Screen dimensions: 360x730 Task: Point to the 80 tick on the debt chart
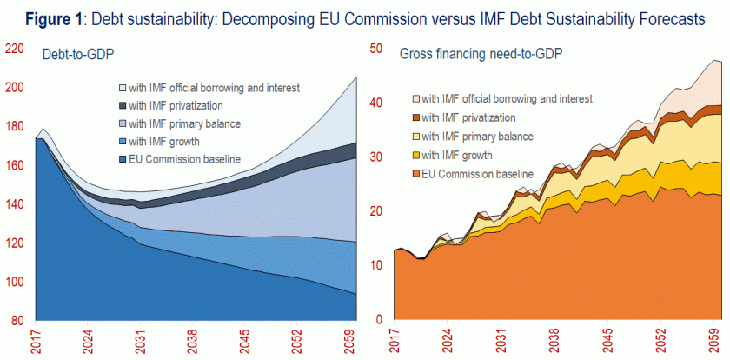(17, 321)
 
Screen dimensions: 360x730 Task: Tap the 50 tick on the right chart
(376, 49)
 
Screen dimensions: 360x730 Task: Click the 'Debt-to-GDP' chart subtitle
(79, 55)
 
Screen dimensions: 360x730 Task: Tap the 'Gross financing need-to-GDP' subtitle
(481, 54)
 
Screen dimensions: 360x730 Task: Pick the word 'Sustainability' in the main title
(590, 20)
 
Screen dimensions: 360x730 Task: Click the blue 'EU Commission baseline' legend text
(184, 158)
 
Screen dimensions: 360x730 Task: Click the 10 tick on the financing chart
(376, 266)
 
